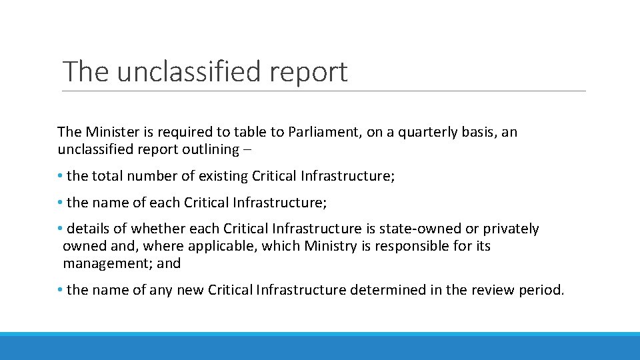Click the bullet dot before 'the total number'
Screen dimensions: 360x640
click(x=60, y=176)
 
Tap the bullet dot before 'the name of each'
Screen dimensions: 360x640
click(x=60, y=202)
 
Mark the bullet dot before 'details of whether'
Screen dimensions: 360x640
click(x=60, y=229)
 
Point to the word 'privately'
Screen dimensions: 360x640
click(x=511, y=229)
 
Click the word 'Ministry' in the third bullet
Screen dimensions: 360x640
click(x=331, y=246)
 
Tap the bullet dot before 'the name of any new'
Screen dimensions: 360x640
click(x=60, y=290)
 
